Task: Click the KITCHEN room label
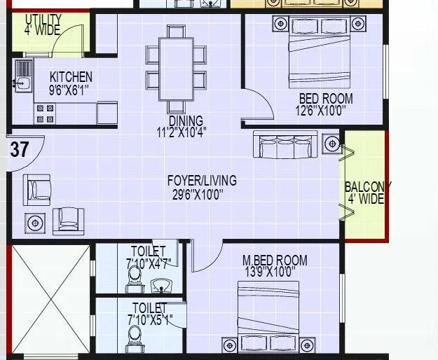pyautogui.click(x=71, y=76)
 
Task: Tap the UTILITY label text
pyautogui.click(x=43, y=19)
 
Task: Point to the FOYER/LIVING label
pyautogui.click(x=202, y=180)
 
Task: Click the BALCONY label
pyautogui.click(x=367, y=187)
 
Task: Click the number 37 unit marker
pyautogui.click(x=20, y=148)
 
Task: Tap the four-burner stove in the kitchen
pyautogui.click(x=45, y=114)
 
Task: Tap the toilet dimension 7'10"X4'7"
pyautogui.click(x=149, y=263)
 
